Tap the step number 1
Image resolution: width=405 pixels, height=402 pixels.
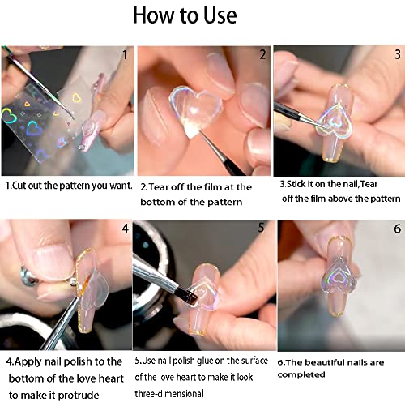pyautogui.click(x=124, y=55)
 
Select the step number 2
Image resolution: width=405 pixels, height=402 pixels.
pyautogui.click(x=262, y=55)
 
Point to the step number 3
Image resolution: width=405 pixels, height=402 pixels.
pyautogui.click(x=396, y=55)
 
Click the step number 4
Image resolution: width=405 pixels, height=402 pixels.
pyautogui.click(x=125, y=229)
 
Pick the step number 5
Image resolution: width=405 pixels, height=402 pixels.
pyautogui.click(x=261, y=229)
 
